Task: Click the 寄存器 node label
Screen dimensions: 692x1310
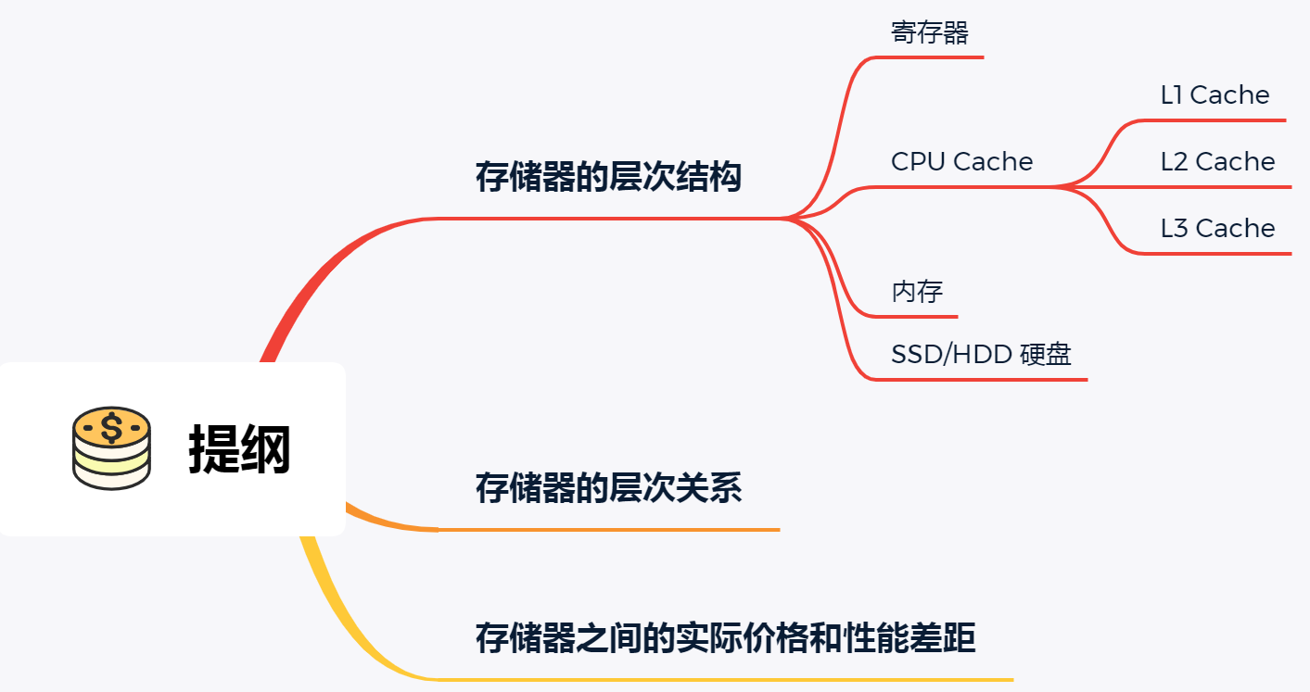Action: coord(930,33)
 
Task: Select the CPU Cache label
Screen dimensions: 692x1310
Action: coord(961,162)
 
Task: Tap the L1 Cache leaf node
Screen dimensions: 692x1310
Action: coord(1215,95)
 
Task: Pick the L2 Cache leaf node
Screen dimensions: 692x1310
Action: coord(1217,162)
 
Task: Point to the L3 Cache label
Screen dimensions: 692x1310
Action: coord(1217,229)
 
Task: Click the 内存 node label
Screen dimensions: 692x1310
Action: coord(917,292)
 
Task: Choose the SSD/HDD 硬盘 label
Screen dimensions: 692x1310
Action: coord(981,354)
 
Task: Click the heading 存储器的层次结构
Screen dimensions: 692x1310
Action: coord(608,177)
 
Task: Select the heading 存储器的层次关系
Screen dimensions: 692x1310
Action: coord(608,488)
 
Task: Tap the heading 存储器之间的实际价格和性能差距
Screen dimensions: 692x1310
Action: coord(725,638)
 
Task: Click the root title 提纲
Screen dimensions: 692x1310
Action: coord(239,449)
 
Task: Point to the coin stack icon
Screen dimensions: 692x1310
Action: coord(111,448)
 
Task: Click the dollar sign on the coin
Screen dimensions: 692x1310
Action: coord(111,428)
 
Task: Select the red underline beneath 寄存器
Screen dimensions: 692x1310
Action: coord(936,57)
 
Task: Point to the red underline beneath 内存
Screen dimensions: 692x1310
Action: coord(918,316)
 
